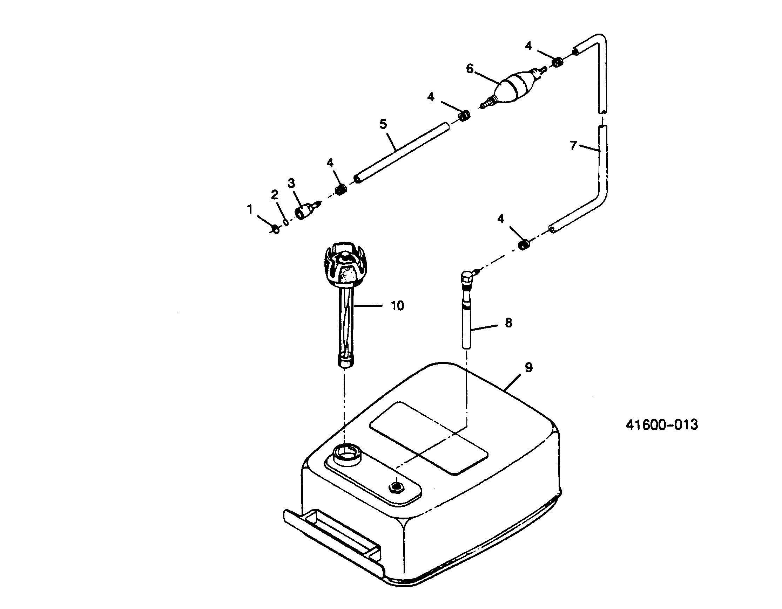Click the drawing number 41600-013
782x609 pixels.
click(662, 425)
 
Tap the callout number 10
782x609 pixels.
click(397, 306)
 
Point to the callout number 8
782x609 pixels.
click(508, 323)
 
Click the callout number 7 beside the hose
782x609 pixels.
click(573, 146)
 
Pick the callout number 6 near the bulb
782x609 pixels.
click(470, 68)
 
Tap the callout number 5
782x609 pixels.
click(383, 124)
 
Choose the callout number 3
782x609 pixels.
click(291, 184)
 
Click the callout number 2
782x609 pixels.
click(275, 195)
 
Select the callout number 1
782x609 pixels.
click(250, 209)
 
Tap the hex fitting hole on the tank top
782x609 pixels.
click(396, 486)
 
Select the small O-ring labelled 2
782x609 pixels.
click(286, 223)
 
